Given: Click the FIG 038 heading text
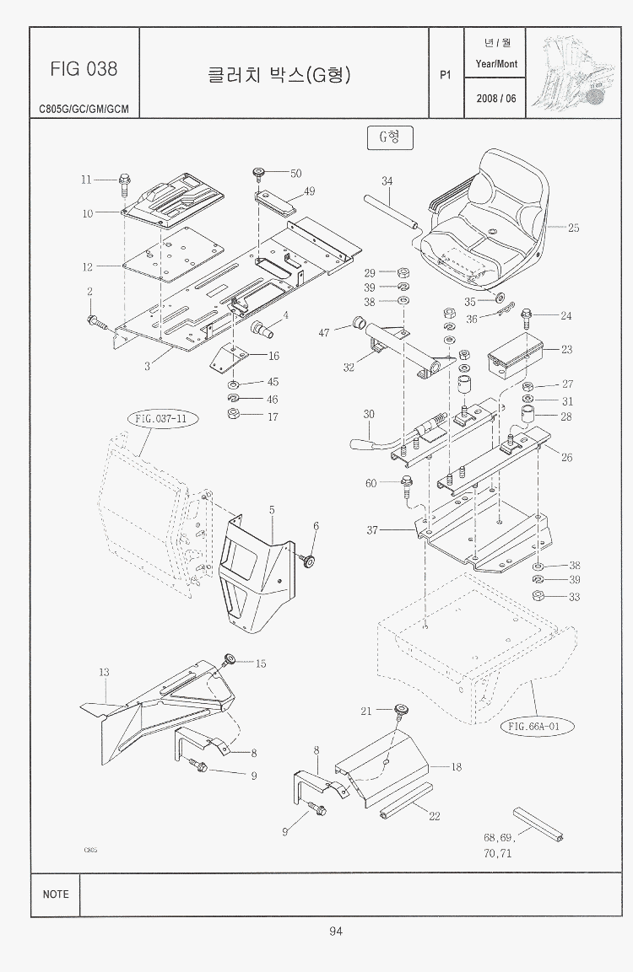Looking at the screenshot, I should click(84, 68).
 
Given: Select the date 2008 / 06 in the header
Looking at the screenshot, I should click(495, 99).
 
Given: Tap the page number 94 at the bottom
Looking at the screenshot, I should click(335, 931).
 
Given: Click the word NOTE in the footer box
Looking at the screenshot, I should click(56, 894).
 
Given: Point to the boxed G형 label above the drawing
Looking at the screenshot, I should click(389, 137).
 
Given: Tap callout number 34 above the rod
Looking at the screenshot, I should click(387, 181).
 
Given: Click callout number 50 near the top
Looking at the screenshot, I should click(295, 174).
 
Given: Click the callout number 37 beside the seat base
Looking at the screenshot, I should click(372, 530).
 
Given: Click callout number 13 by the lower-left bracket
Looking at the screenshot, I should click(104, 673).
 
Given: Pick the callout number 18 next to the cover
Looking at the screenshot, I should click(456, 767).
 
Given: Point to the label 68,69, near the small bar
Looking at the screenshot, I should click(499, 837).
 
